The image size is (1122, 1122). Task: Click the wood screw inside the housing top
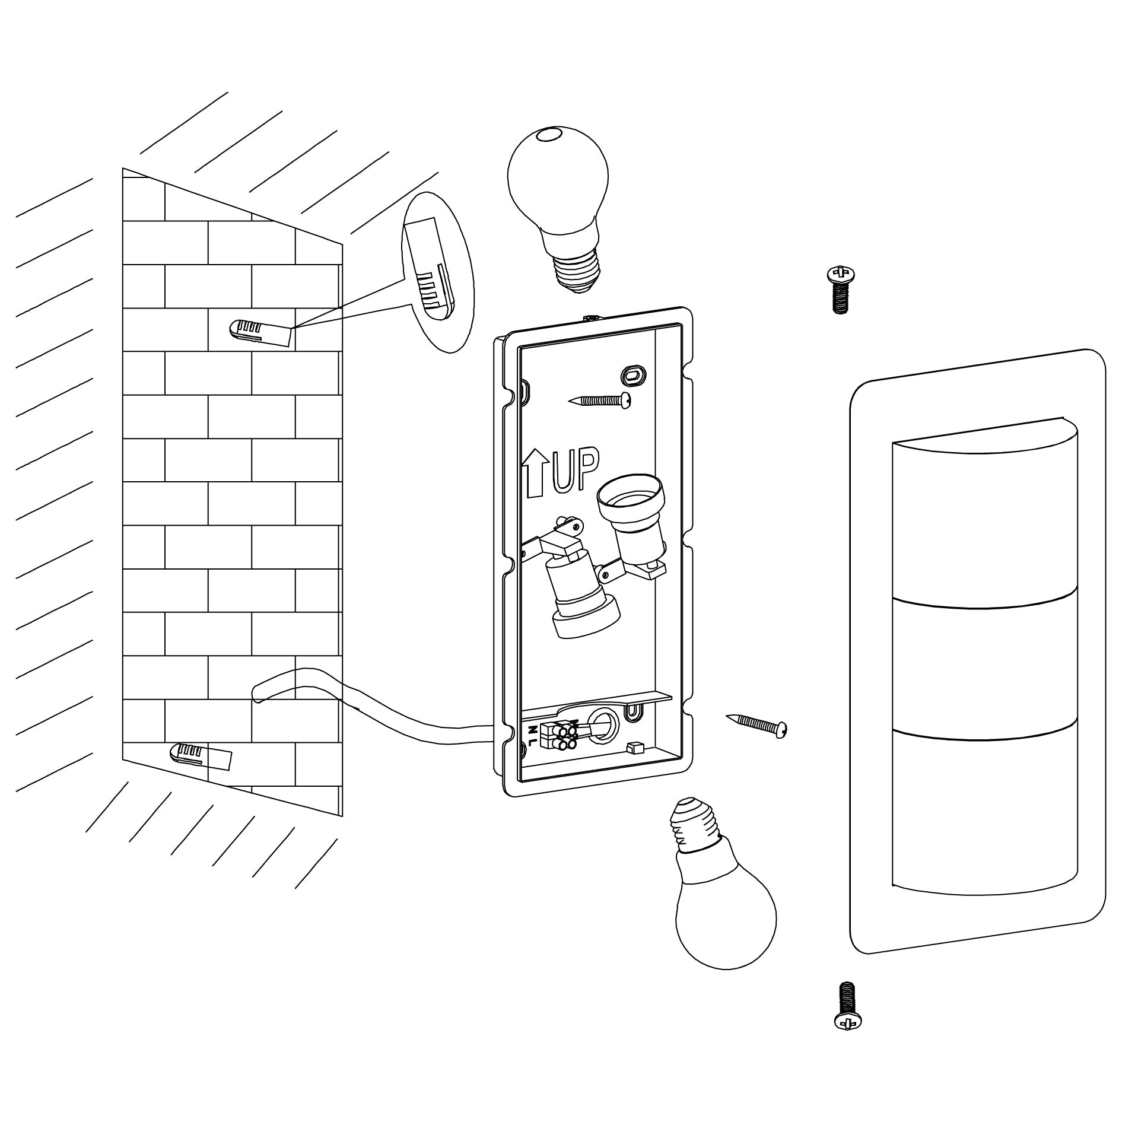(x=599, y=401)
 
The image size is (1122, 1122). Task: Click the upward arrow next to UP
(x=535, y=472)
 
